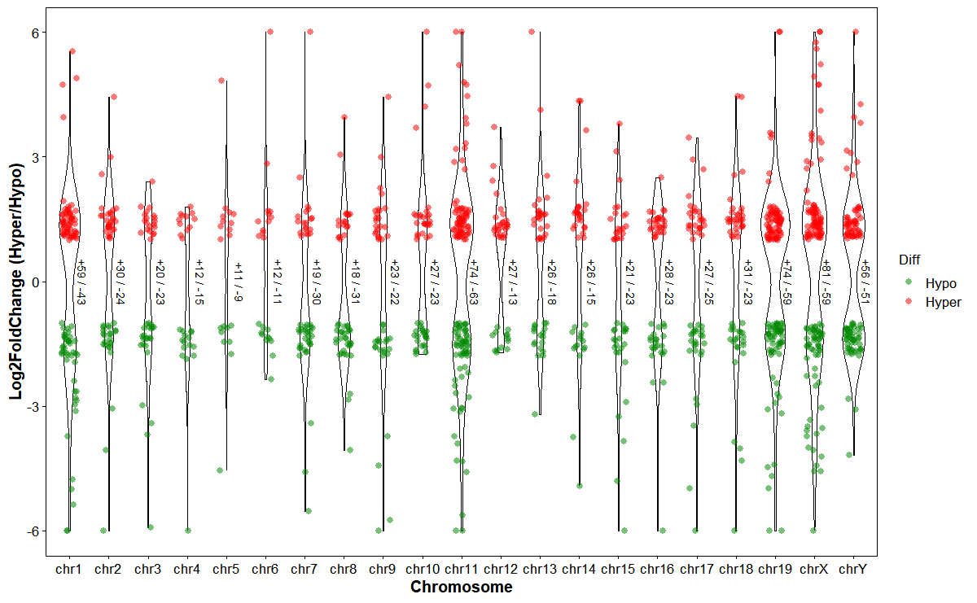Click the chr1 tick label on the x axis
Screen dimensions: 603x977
(x=69, y=570)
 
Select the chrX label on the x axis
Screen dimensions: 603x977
(x=813, y=570)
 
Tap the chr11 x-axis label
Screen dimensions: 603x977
(x=461, y=570)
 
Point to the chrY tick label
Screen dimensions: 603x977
(x=852, y=570)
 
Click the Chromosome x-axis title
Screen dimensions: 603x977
(x=461, y=587)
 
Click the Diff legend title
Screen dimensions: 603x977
(x=910, y=260)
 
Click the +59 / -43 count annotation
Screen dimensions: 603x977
(x=81, y=282)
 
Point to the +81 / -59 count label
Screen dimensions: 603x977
(x=826, y=282)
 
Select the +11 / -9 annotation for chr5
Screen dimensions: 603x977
(x=238, y=282)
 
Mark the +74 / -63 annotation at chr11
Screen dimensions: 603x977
(x=473, y=282)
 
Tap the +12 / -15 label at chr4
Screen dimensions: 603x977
(x=199, y=282)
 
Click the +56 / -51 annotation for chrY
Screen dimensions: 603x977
(x=865, y=282)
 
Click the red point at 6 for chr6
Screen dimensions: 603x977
(x=270, y=33)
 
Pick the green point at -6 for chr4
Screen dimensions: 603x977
(x=188, y=530)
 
